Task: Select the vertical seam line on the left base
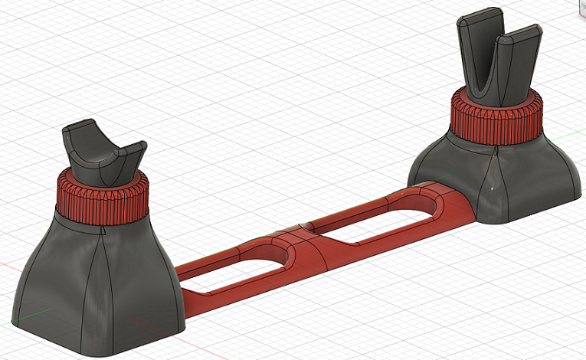(x=98, y=291)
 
